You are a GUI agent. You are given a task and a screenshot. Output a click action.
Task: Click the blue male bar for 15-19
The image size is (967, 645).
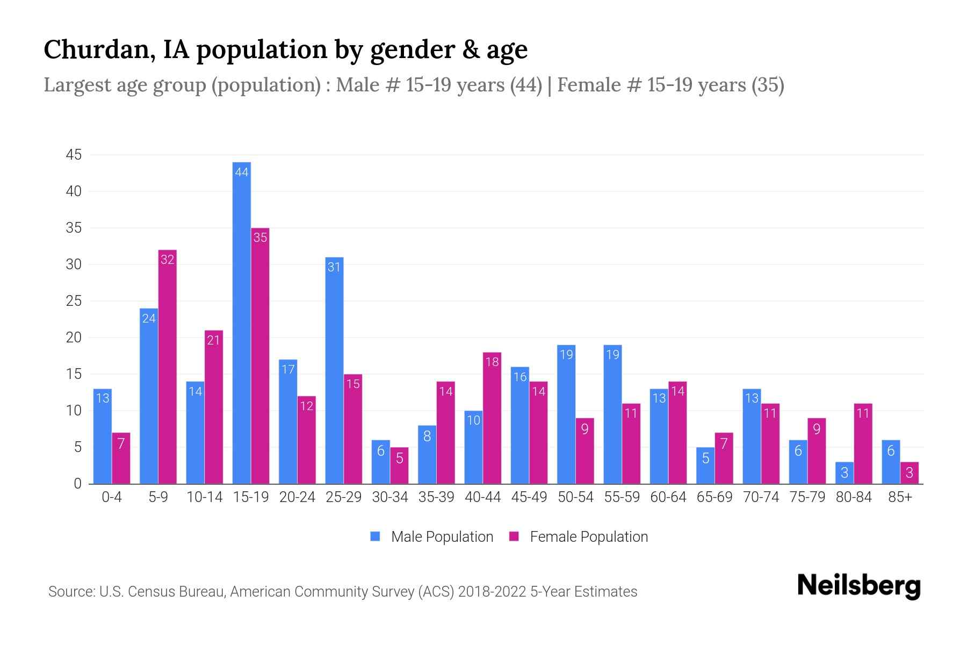242,322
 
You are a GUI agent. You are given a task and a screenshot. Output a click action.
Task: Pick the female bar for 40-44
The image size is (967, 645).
492,419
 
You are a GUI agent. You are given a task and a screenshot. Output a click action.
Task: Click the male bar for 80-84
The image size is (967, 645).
845,473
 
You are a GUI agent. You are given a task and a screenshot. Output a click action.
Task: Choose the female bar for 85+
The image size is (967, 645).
910,473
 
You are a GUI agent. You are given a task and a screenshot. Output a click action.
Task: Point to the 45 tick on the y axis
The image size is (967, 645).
74,155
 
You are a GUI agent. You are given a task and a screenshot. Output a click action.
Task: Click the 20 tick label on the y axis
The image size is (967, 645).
74,338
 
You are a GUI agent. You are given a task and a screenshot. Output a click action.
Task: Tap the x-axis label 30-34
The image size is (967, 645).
390,497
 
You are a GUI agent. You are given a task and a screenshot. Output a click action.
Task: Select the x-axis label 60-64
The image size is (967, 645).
668,497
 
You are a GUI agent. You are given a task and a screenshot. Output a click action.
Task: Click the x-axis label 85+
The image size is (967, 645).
900,497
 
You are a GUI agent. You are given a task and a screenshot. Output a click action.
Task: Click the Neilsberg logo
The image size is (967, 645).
858,585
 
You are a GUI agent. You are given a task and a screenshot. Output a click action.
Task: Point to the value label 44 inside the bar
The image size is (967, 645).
242,173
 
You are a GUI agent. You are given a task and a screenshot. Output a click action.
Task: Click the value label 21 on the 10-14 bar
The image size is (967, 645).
214,340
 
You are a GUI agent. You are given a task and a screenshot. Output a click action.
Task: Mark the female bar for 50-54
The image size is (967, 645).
585,451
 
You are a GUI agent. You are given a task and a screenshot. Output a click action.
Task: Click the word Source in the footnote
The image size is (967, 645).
70,592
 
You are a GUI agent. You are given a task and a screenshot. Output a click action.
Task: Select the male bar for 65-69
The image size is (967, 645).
705,465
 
